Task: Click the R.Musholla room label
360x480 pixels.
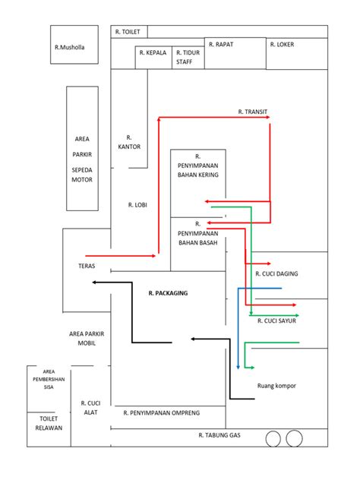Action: click(x=69, y=47)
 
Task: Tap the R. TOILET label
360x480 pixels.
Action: click(x=128, y=32)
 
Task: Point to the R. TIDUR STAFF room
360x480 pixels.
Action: click(x=188, y=58)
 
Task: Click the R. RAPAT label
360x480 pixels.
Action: click(x=221, y=44)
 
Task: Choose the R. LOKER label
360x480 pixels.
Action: click(x=282, y=44)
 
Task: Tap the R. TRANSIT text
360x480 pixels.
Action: click(x=253, y=112)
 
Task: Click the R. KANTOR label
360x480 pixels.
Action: click(x=129, y=142)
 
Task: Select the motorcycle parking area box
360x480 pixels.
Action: click(x=82, y=148)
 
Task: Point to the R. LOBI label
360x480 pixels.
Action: click(x=137, y=205)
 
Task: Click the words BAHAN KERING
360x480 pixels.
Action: click(x=198, y=175)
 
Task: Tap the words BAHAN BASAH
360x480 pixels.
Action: click(x=198, y=243)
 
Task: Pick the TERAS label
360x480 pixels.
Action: click(x=87, y=266)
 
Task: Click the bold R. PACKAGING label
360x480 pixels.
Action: click(x=168, y=293)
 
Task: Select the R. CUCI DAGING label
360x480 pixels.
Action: click(x=276, y=273)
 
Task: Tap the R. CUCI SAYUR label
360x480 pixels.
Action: click(x=276, y=321)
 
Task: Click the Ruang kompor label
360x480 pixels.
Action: click(x=276, y=386)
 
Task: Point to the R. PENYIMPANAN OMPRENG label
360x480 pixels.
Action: click(x=162, y=413)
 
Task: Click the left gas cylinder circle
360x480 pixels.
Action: click(x=273, y=439)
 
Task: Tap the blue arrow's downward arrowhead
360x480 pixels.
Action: click(x=238, y=368)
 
